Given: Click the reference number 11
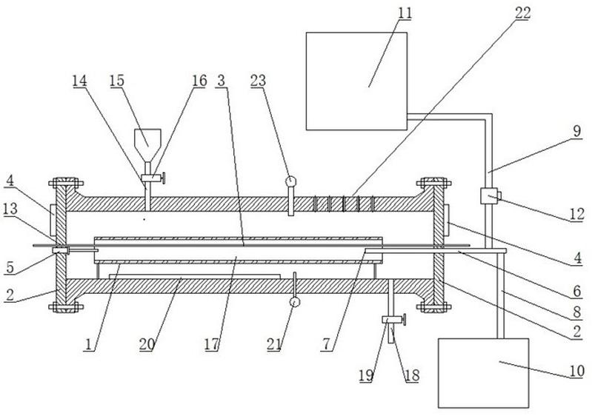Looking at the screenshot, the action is (x=405, y=13).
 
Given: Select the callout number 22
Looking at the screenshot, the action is (x=523, y=13).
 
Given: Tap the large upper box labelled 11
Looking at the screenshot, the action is (x=356, y=81).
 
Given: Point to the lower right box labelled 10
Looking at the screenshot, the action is (x=483, y=373).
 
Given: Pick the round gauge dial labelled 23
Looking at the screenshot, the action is (x=290, y=182).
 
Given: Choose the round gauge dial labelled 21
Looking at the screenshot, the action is (x=294, y=302).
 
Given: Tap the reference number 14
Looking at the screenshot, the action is (x=80, y=81).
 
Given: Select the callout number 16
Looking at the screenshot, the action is (x=200, y=81).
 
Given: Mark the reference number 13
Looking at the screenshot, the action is (x=10, y=209).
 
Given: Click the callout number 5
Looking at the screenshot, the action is (x=10, y=267).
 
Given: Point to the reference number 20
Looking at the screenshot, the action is (x=147, y=344).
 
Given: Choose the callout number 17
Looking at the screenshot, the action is (x=212, y=344).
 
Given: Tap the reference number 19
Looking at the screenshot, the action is (x=366, y=375).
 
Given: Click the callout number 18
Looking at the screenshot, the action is (x=412, y=375).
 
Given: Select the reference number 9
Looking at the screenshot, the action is (x=577, y=131).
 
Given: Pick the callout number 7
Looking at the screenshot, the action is (x=327, y=344).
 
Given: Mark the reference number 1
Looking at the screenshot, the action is (x=89, y=344).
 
